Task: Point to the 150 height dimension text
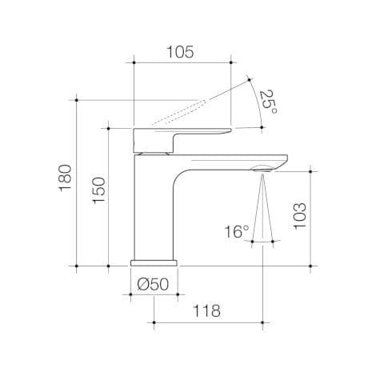97,191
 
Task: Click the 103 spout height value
299,216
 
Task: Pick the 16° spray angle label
236,233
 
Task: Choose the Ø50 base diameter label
153,282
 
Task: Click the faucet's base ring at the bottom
154,261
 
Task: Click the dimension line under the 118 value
208,323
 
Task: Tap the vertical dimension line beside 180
77,182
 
